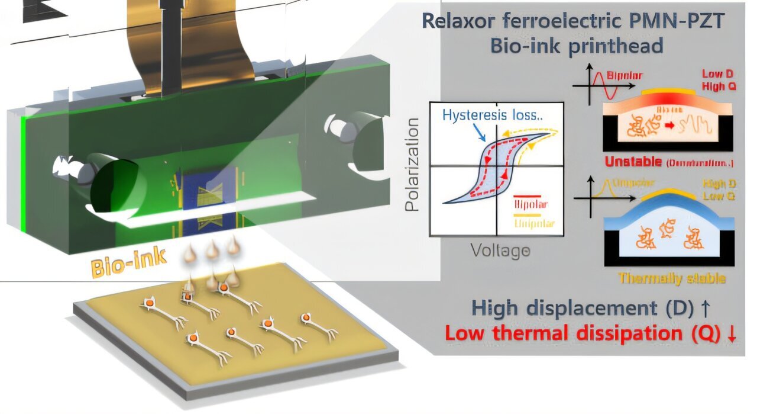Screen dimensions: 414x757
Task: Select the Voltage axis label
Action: pyautogui.click(x=500, y=251)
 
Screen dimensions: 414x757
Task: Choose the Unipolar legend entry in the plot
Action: pyautogui.click(x=530, y=224)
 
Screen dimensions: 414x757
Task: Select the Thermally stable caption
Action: pyautogui.click(x=671, y=278)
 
